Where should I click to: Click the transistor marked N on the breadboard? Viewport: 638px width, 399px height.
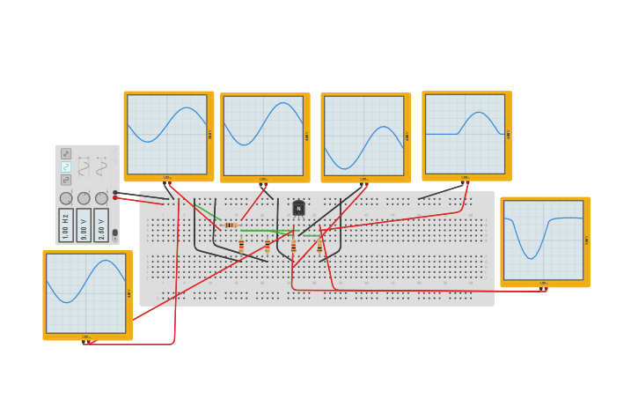pos(298,208)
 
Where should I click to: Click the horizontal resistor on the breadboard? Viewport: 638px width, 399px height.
pos(231,225)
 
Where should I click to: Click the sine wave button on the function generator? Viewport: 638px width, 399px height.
pos(66,166)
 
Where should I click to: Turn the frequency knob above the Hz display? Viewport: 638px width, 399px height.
pos(66,198)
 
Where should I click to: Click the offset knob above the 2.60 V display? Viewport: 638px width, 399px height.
pos(101,198)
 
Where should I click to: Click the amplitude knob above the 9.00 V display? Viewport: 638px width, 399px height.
pos(84,198)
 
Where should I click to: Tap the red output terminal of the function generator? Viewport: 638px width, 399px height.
pos(115,197)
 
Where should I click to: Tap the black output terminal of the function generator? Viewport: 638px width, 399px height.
pos(115,192)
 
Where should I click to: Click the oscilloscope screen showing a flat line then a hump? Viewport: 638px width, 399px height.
pos(465,134)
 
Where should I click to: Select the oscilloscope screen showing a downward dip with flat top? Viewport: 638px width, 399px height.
pos(543,240)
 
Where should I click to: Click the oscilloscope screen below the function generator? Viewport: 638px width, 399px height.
pos(85,293)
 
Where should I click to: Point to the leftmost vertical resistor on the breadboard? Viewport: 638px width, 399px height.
pos(241,246)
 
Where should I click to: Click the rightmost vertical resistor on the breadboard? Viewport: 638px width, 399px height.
pos(319,246)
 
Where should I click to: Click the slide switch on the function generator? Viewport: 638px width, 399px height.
pos(114,233)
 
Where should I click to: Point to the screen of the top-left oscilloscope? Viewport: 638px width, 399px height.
pos(166,134)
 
